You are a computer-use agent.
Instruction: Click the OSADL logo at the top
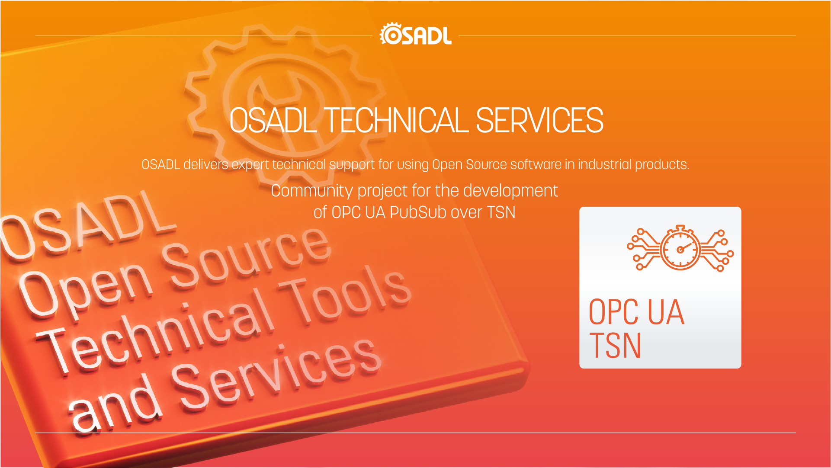[x=415, y=34]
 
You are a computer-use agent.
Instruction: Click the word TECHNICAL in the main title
[x=396, y=121]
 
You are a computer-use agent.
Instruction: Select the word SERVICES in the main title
[x=539, y=121]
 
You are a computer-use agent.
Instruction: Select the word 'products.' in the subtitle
[x=662, y=165]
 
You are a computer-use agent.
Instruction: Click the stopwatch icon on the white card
[x=680, y=248]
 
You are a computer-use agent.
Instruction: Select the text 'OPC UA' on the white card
[x=636, y=312]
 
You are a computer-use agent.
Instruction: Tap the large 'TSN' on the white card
[x=615, y=346]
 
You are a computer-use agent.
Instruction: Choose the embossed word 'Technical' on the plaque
[x=156, y=333]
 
